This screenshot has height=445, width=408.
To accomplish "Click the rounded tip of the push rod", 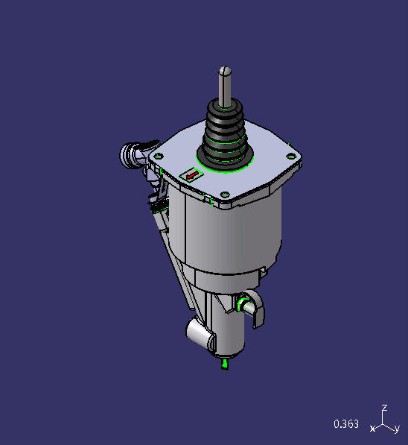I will pos(226,70).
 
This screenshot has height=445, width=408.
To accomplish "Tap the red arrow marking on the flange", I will pos(193,175).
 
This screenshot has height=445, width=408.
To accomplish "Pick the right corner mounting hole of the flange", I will pos(290,155).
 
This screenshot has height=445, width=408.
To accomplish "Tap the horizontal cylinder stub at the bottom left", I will pos(200,332).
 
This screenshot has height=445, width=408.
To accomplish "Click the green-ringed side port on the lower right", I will pos(243,304).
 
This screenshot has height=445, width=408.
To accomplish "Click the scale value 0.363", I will pos(346,424).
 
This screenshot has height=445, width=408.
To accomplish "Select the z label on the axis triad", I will pos(384,408).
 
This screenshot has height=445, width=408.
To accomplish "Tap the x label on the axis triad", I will pos(372,429).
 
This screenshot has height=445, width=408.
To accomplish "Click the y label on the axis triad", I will pos(398,429).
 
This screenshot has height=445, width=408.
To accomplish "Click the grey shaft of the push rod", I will pos(226,86).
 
